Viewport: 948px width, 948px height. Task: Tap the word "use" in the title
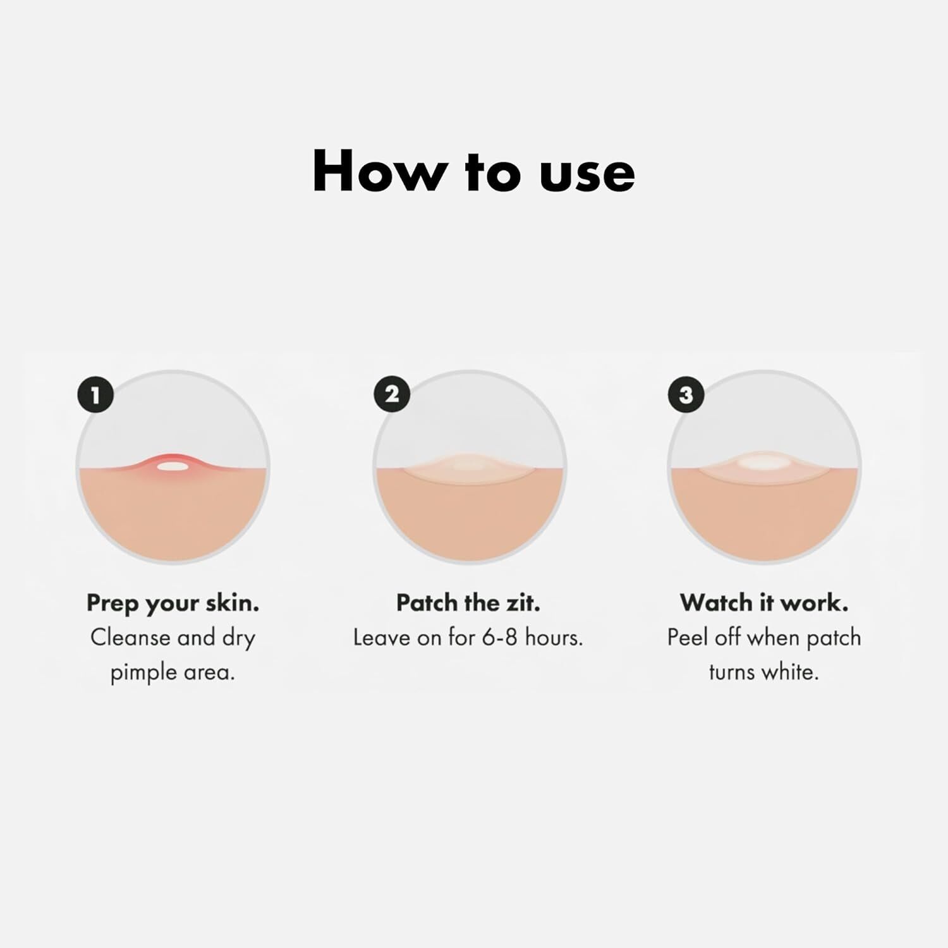pyautogui.click(x=587, y=176)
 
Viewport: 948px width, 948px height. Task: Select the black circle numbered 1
pyautogui.click(x=95, y=396)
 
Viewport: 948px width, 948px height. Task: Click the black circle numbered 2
pyautogui.click(x=392, y=394)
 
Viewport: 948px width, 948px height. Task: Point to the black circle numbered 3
pyautogui.click(x=686, y=396)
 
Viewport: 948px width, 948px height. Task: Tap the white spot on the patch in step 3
pyautogui.click(x=763, y=464)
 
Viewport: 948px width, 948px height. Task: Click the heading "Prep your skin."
pyautogui.click(x=173, y=604)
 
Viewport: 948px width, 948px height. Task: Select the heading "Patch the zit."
pyautogui.click(x=468, y=603)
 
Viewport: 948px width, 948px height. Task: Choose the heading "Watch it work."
pyautogui.click(x=764, y=603)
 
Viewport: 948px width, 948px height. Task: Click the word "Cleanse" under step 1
pyautogui.click(x=131, y=638)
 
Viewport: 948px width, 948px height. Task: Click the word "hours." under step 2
pyautogui.click(x=554, y=638)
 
